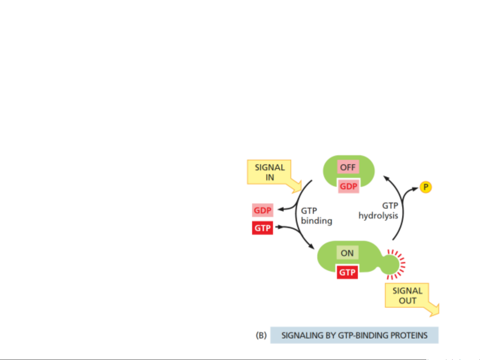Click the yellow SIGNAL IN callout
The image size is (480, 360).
tap(269, 172)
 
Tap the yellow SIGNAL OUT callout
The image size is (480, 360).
tap(407, 295)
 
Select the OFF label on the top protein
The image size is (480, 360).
tap(348, 167)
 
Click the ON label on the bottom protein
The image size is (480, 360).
tap(347, 253)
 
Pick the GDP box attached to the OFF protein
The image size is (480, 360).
tap(348, 186)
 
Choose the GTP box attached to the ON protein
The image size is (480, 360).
tap(347, 272)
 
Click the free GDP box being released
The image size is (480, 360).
tap(262, 210)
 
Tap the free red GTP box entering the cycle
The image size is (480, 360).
tap(262, 228)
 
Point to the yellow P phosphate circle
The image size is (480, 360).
tap(425, 187)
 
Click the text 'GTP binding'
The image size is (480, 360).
tap(316, 216)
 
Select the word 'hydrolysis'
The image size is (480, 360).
tap(378, 216)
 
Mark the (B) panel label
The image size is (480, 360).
tap(261, 335)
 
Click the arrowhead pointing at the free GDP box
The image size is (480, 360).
tap(280, 209)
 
